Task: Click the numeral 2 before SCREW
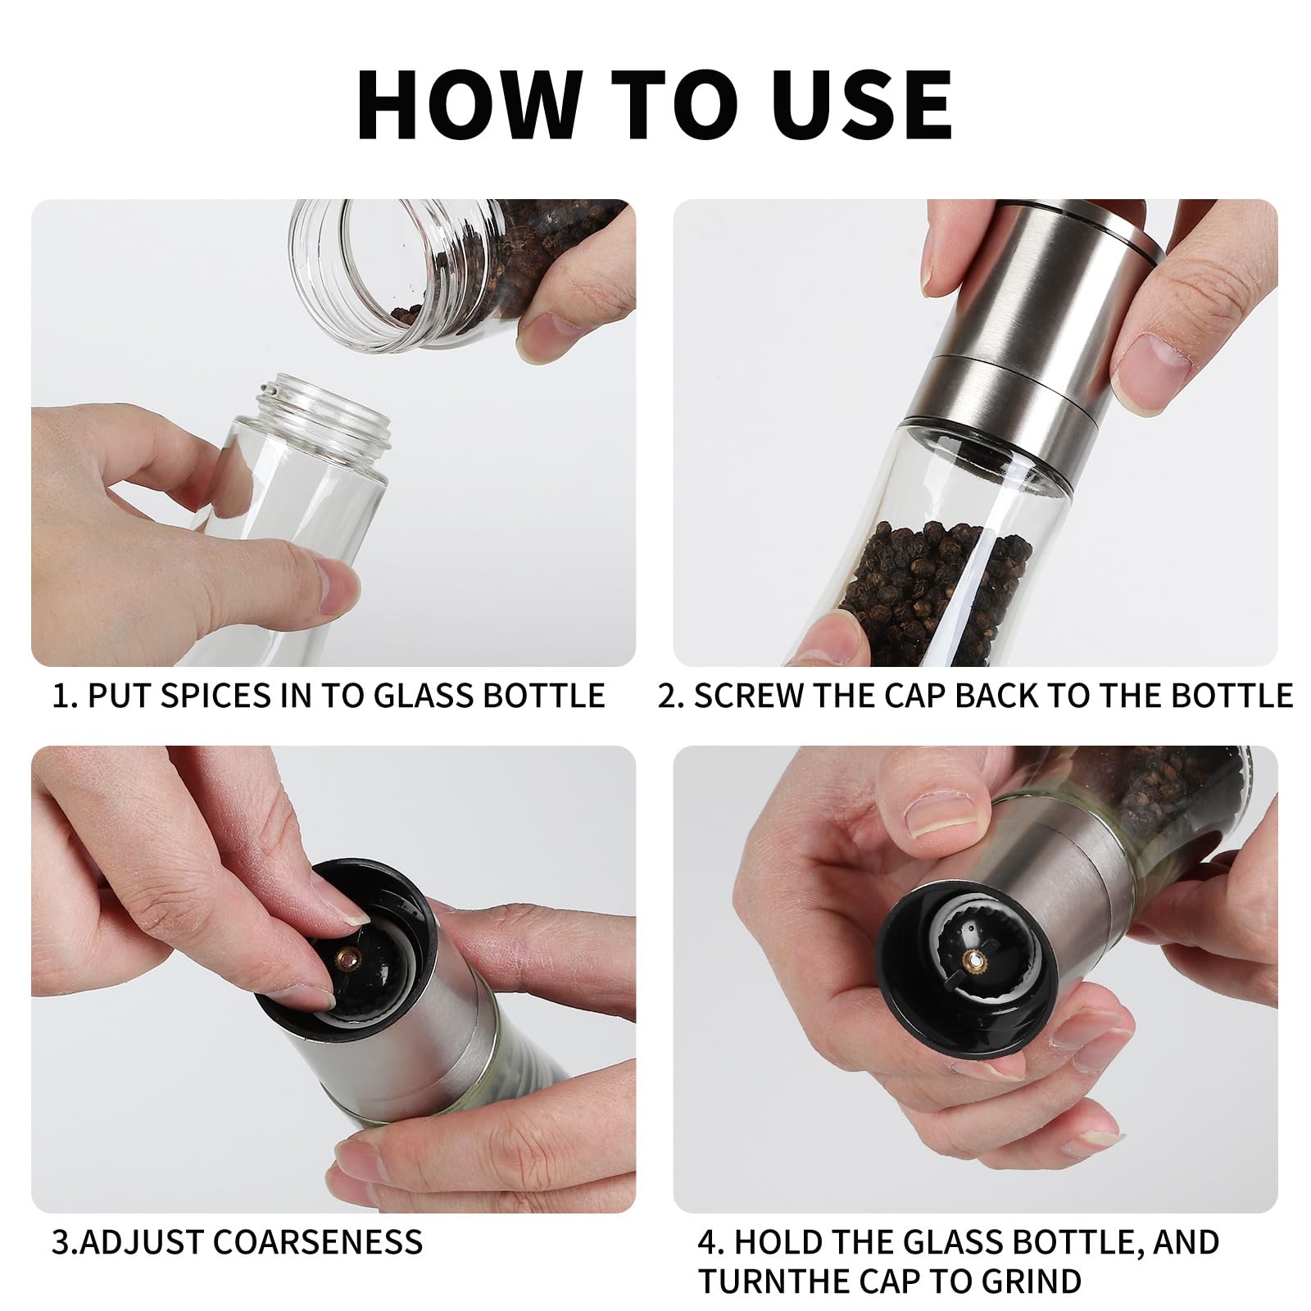668,696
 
